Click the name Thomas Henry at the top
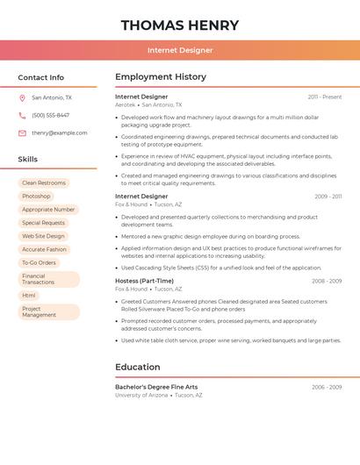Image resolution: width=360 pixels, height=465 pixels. (x=179, y=25)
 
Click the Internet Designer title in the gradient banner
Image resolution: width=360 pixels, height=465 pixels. (x=180, y=50)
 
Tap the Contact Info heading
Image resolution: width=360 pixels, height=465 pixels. (x=40, y=77)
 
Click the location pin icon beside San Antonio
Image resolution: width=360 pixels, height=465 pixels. (x=22, y=98)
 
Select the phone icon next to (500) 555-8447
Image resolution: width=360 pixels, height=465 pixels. (x=22, y=116)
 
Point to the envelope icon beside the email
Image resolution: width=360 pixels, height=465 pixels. (x=22, y=133)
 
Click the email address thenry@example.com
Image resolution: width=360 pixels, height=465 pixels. (x=60, y=133)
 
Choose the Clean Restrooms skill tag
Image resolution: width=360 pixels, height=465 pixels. (x=44, y=182)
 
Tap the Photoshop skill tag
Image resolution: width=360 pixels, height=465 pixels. (x=36, y=197)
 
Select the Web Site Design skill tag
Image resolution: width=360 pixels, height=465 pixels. (x=43, y=236)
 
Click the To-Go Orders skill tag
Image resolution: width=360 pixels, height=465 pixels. (x=39, y=262)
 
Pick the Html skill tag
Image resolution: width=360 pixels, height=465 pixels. (x=29, y=296)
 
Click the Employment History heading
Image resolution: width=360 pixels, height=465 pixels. (x=161, y=77)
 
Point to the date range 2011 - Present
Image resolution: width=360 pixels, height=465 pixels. (x=325, y=97)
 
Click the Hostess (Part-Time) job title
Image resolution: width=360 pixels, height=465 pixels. (x=144, y=281)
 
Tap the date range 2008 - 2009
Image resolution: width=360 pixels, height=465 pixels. (x=327, y=282)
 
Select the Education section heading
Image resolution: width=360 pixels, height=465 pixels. (x=138, y=367)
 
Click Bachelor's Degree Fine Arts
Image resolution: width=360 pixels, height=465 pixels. (x=156, y=387)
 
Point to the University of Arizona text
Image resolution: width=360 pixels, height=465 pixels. (x=141, y=396)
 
